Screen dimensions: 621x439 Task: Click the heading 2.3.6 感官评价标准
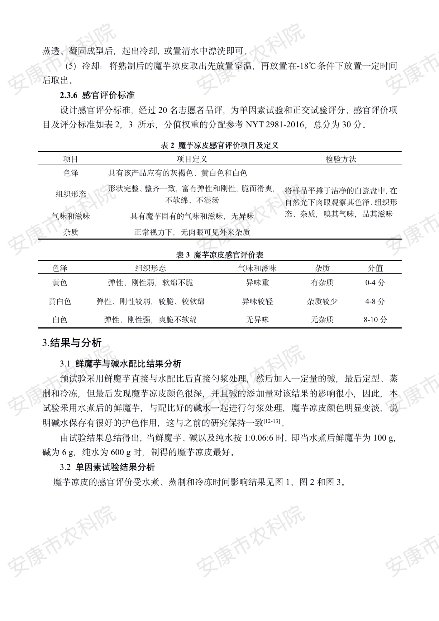[97, 95]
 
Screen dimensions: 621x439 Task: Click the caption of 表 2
[219, 145]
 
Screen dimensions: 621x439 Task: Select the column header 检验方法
[341, 159]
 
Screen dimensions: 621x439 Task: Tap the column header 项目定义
[192, 159]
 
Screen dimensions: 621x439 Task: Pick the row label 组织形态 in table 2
[71, 194]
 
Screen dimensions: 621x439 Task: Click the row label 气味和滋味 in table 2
[71, 216]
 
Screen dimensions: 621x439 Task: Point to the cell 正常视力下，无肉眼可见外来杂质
[192, 232]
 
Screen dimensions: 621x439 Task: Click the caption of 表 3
[219, 255]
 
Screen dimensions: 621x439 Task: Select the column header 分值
[375, 268]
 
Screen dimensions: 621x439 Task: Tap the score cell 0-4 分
[375, 283]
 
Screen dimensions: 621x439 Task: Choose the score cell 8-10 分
[375, 320]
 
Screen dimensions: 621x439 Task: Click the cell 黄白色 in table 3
[60, 301]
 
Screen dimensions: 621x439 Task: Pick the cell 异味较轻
[257, 301]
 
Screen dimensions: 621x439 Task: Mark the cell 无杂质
[322, 320]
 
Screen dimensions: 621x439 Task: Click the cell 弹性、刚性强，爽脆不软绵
[150, 320]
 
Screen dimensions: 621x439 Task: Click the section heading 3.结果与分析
[72, 343]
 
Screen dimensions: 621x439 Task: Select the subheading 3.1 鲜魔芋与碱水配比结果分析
[121, 363]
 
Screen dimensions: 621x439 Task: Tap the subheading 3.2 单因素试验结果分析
[107, 467]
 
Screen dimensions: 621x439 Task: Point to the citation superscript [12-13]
[272, 421]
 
